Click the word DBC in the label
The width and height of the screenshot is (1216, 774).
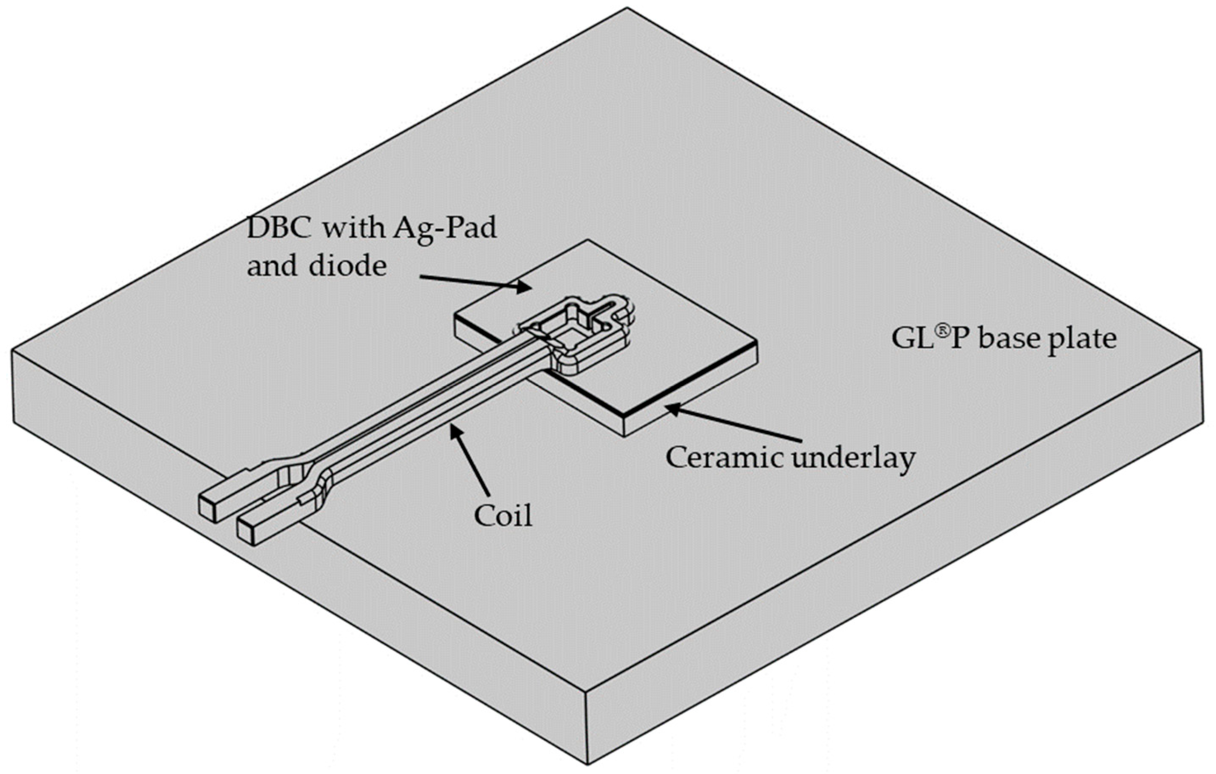[x=280, y=229]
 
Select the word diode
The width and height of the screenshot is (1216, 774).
[x=349, y=266]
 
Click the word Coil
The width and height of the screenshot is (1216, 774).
[x=503, y=516]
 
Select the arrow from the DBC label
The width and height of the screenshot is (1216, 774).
[x=475, y=283]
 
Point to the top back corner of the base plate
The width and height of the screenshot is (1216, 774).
[x=627, y=9]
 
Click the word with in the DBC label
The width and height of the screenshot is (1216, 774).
[x=353, y=229]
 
